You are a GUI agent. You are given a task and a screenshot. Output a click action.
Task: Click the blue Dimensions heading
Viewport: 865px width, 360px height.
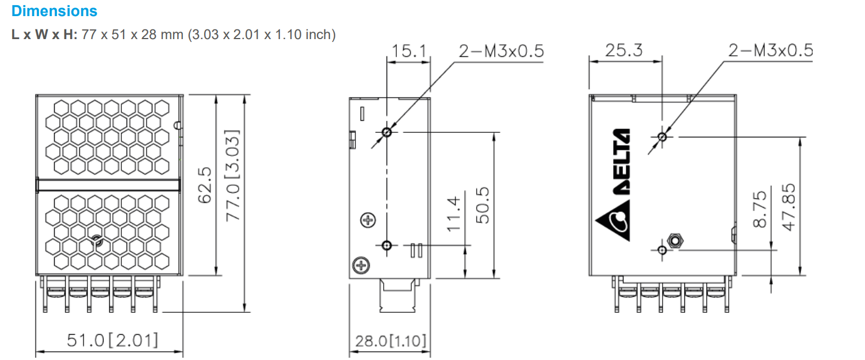coord(55,11)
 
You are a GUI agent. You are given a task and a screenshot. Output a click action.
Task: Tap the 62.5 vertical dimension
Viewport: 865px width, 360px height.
coord(204,185)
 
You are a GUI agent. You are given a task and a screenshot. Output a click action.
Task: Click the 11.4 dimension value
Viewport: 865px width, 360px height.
coord(454,213)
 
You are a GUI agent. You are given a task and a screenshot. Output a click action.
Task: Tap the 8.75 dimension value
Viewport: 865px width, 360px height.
coord(760,209)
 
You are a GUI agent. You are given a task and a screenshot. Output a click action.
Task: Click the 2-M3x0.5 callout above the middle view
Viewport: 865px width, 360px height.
coord(500,52)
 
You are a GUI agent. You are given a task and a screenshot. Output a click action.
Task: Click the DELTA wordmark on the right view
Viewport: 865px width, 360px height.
coord(622,162)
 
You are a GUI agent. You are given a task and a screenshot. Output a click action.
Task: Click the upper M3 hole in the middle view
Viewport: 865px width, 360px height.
coord(387,132)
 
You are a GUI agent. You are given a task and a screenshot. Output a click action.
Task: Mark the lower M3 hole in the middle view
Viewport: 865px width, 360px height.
coord(387,246)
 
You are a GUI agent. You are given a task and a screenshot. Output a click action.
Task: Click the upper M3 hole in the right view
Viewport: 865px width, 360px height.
coord(662,137)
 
